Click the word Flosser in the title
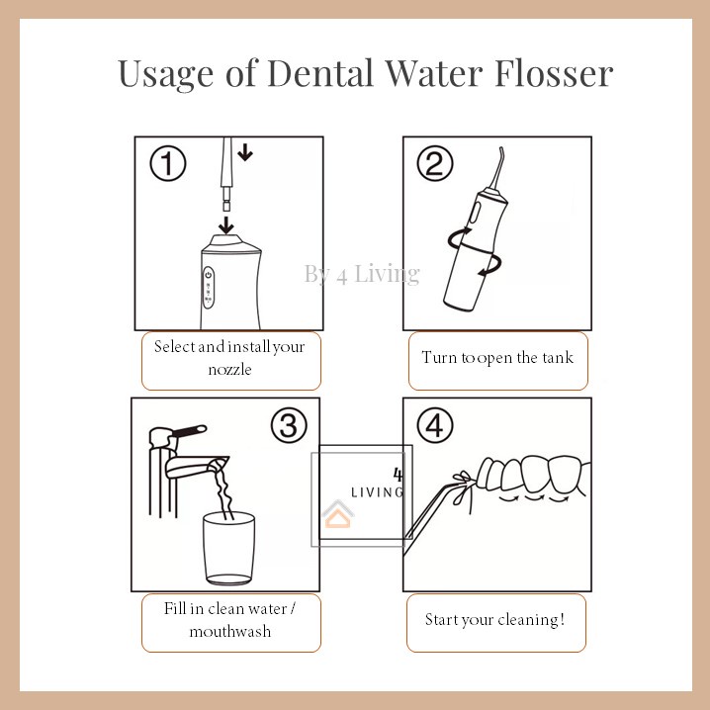pos(548,73)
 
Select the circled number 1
pos(168,164)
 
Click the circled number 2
pos(434,164)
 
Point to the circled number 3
pos(288,426)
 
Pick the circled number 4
pos(434,426)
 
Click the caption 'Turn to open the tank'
pos(497,357)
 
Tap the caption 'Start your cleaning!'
pos(495,620)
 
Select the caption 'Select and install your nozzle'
pos(229,357)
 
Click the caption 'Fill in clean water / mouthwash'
pos(229,620)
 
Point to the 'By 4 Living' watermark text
pos(362,274)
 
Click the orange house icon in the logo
pos(339,515)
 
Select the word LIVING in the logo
pos(377,491)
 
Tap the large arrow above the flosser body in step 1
pos(227,224)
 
